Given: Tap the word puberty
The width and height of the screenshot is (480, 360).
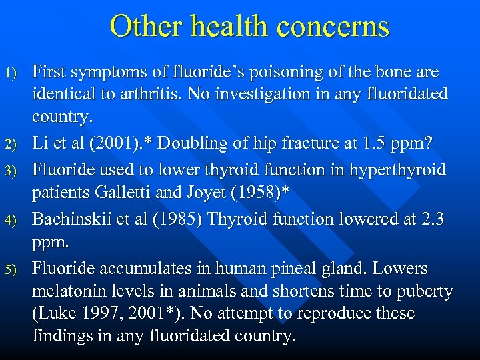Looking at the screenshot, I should (428, 291).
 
